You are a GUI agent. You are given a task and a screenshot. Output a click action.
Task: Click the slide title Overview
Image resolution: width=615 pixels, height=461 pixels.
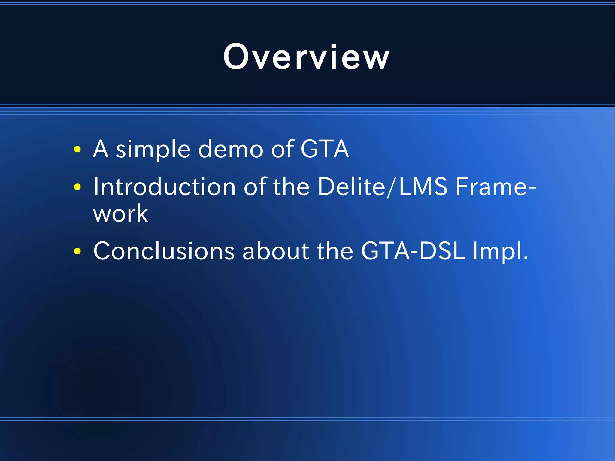click(306, 57)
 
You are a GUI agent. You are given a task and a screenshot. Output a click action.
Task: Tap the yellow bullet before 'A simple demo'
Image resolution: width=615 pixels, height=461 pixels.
click(77, 149)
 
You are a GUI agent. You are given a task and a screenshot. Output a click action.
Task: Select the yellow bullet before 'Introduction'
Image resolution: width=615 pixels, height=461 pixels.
click(77, 187)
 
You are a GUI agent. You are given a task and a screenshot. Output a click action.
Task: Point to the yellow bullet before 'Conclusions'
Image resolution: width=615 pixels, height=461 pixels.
click(77, 251)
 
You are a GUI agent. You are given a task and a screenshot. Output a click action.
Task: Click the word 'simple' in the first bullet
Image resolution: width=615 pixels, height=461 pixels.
click(153, 149)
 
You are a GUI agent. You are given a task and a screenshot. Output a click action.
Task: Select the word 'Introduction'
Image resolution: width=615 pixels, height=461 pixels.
click(165, 187)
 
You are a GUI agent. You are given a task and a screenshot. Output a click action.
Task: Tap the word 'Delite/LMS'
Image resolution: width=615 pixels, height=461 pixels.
click(382, 187)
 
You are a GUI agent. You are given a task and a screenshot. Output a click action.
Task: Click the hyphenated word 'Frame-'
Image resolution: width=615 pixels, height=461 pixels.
click(496, 187)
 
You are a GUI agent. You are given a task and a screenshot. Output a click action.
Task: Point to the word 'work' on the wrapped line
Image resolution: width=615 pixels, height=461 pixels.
click(120, 214)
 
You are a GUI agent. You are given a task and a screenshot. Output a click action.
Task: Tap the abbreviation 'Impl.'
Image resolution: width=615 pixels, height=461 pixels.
click(500, 251)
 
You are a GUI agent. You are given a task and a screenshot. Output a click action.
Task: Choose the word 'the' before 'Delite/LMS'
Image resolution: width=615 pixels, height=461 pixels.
click(291, 187)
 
